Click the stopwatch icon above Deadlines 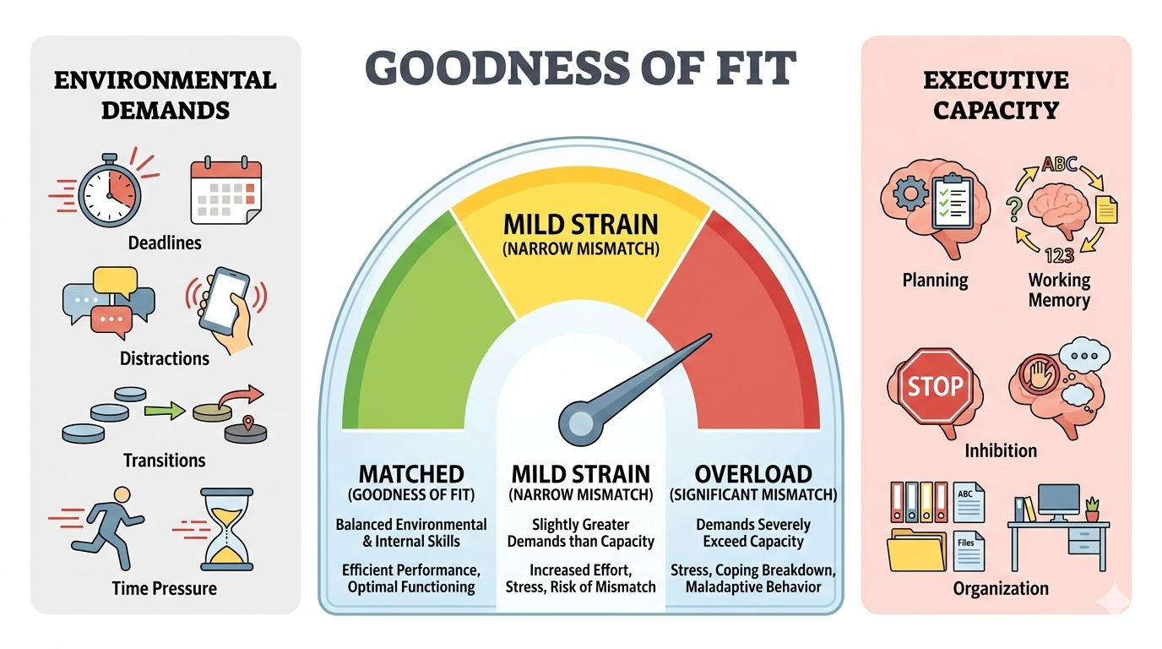pos(107,194)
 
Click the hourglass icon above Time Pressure pos(226,528)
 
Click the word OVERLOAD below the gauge pos(753,473)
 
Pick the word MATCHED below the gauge pos(411,473)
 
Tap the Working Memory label pos(1059,290)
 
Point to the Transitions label pos(165,461)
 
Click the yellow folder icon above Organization pos(916,549)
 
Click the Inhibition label pos(1001,450)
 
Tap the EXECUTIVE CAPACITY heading pos(996,95)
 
